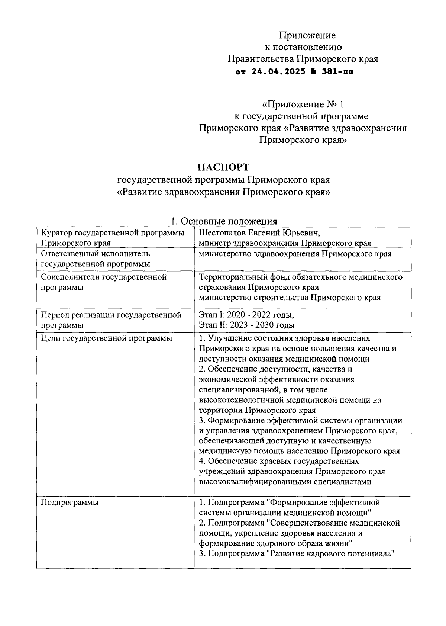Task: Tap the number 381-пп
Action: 337,71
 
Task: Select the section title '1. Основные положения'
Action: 223,221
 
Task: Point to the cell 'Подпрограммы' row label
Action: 70,503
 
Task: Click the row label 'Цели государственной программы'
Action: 106,338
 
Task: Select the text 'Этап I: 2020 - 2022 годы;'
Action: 247,315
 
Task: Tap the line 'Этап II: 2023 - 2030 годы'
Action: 247,325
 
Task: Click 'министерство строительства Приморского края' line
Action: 290,298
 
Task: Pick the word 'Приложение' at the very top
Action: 307,35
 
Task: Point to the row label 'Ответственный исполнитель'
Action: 96,254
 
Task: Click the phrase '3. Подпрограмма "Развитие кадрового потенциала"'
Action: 296,553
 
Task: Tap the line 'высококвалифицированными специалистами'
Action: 285,482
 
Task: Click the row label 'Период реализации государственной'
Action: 111,315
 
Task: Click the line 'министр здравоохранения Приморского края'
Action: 285,243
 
